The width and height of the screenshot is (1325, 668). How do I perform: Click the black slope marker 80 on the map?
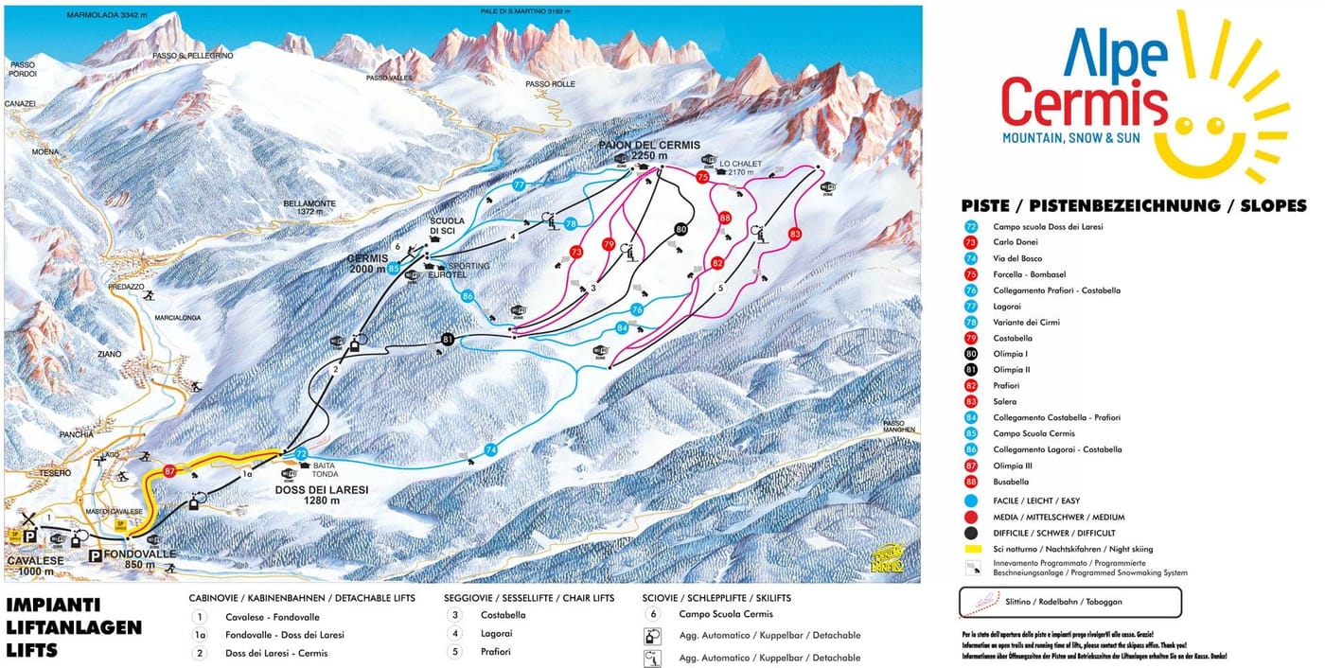coord(680,229)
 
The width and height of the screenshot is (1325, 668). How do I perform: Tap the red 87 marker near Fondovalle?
coord(170,470)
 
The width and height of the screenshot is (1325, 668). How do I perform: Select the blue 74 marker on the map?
coord(490,449)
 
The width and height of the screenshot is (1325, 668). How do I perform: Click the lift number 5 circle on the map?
coord(720,288)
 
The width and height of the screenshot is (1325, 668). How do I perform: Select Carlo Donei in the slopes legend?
coord(1015,242)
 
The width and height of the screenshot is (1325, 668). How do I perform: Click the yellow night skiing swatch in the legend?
coord(972,549)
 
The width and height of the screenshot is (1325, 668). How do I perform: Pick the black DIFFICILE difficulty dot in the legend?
coord(972,533)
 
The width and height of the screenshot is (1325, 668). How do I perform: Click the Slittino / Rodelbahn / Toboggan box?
coord(1069,602)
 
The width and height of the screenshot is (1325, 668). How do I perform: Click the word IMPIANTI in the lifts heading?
coord(53,606)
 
